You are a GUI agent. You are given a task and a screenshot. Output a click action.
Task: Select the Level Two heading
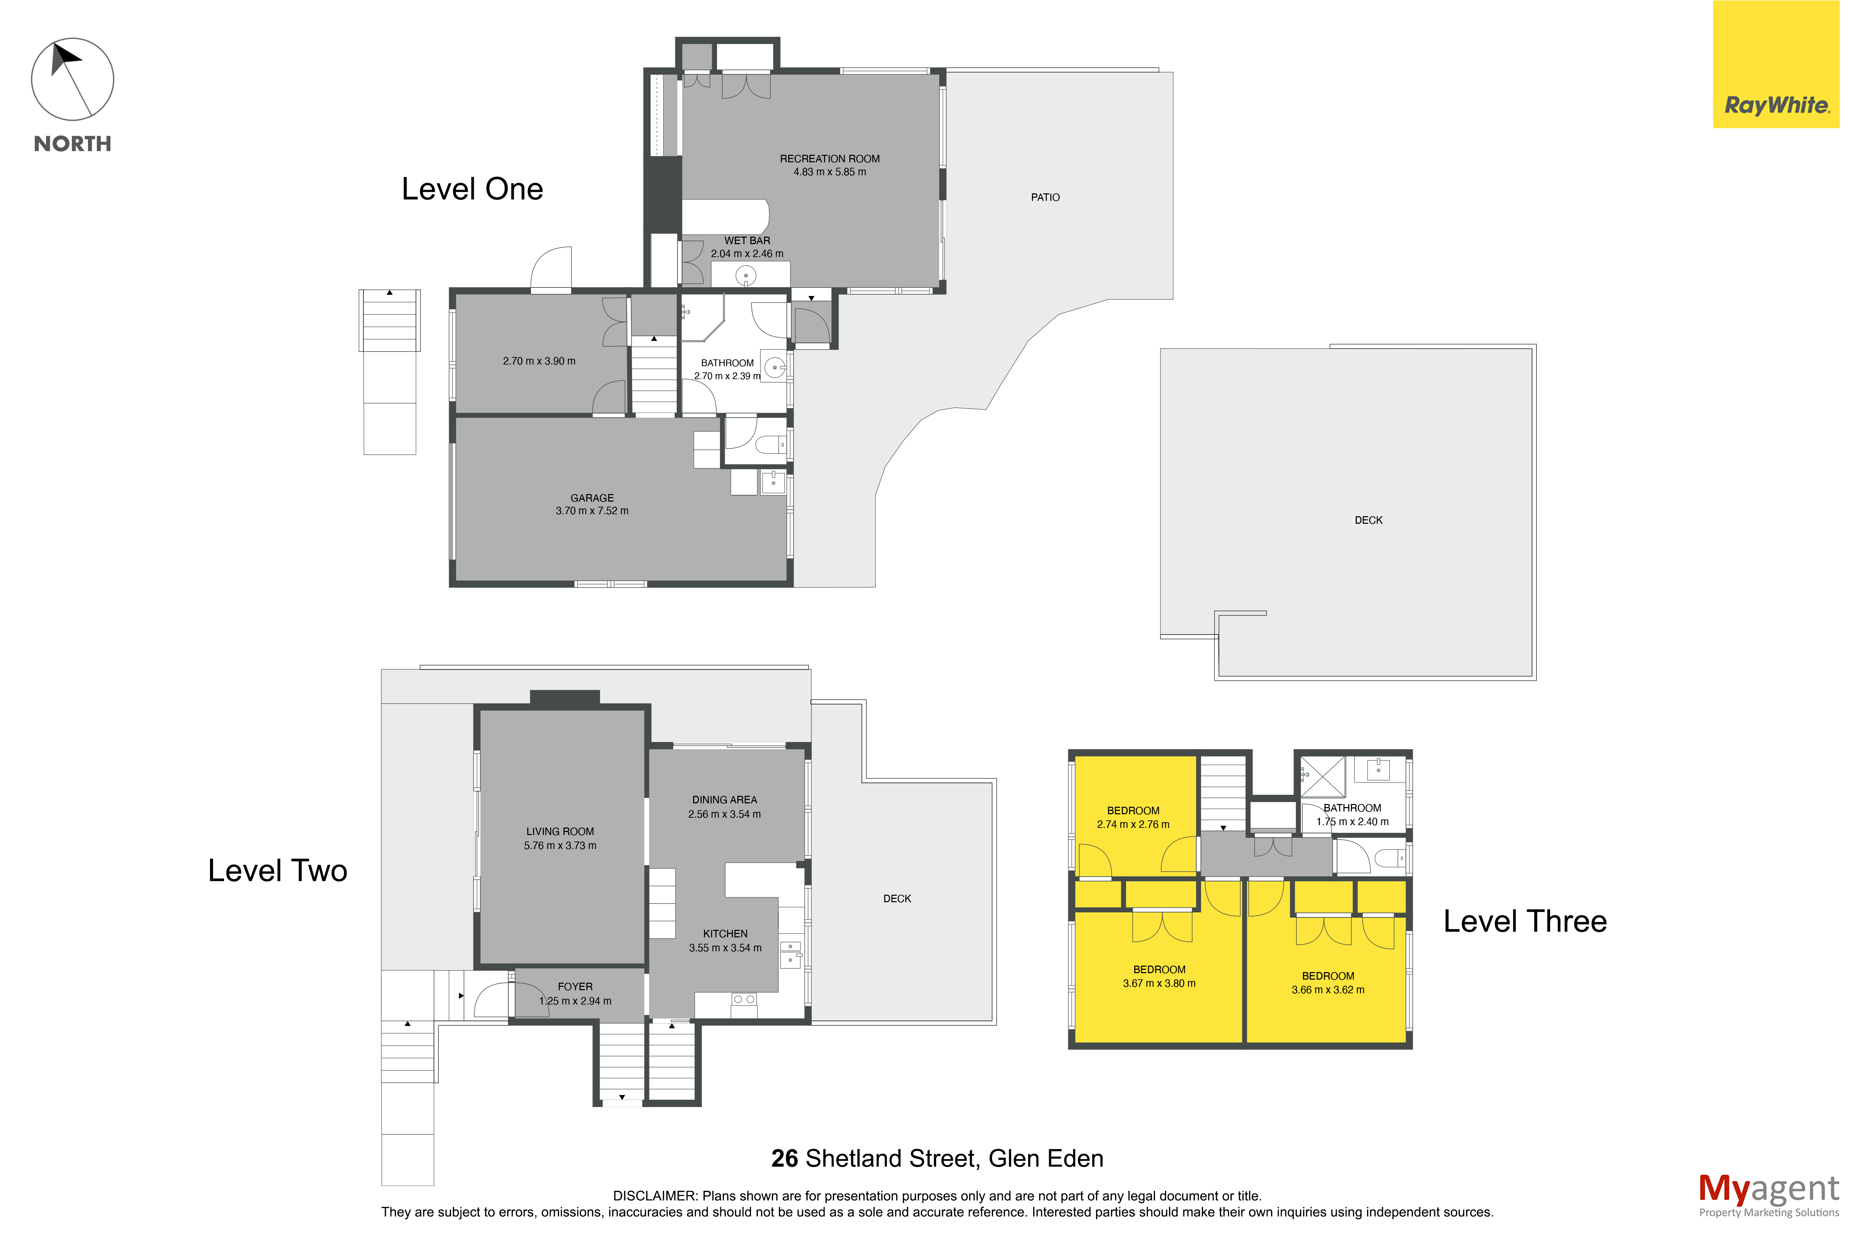[x=277, y=870]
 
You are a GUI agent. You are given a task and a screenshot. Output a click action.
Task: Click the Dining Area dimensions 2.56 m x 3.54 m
[x=724, y=814]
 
